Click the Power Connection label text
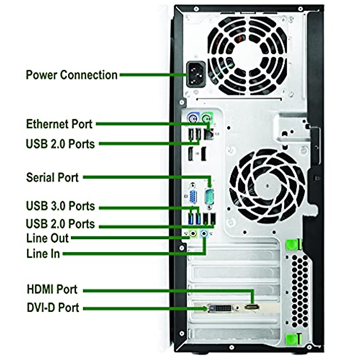(71, 75)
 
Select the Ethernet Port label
(59, 124)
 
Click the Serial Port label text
(52, 177)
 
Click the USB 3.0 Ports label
(60, 206)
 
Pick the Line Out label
(47, 238)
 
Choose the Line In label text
(43, 254)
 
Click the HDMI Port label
(52, 289)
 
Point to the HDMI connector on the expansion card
(252, 307)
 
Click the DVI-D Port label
(53, 308)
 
